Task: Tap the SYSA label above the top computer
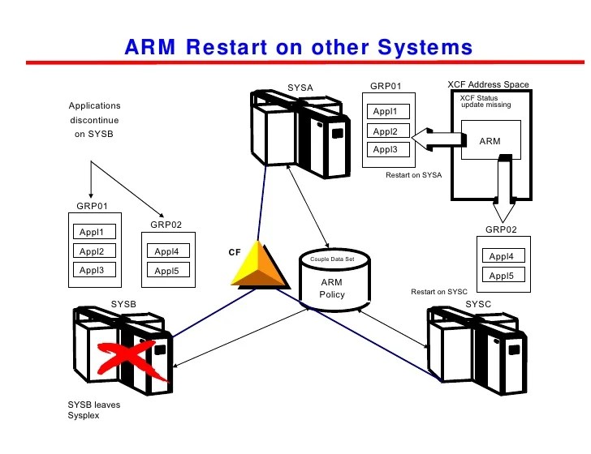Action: tap(300, 88)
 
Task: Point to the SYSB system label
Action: tap(124, 303)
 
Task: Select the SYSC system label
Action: tap(478, 303)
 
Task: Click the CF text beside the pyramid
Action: tap(234, 252)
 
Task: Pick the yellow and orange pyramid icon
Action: tap(261, 266)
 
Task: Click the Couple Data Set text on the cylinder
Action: tap(332, 259)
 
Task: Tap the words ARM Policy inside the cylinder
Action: tap(332, 288)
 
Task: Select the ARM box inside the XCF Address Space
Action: tap(490, 141)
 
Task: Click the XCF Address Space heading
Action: tap(488, 84)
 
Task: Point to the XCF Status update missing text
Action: tap(486, 101)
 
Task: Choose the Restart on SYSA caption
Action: tap(413, 174)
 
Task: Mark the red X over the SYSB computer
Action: tap(127, 358)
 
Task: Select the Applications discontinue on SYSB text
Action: tap(94, 120)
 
